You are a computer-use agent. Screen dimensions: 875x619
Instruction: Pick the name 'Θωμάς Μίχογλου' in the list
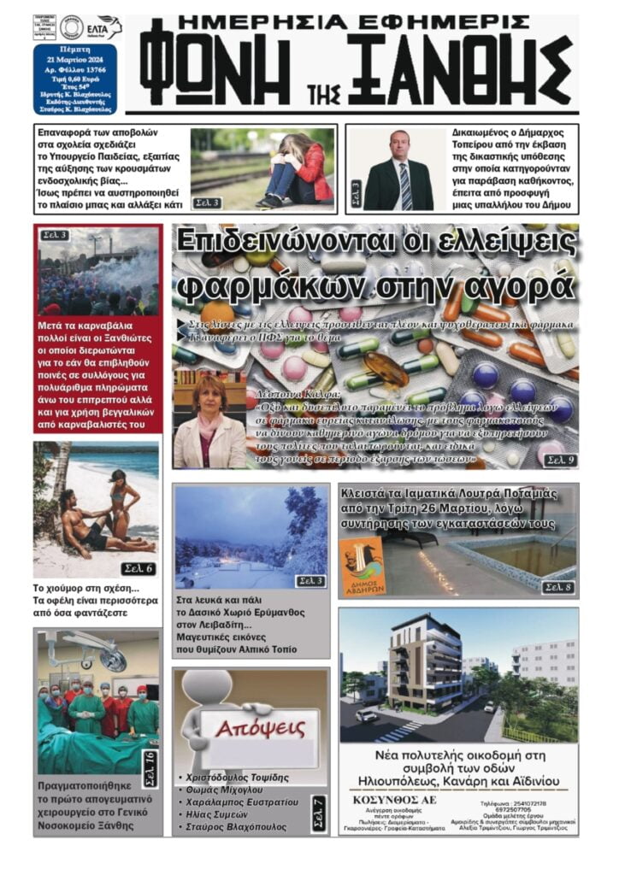[x=224, y=790]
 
